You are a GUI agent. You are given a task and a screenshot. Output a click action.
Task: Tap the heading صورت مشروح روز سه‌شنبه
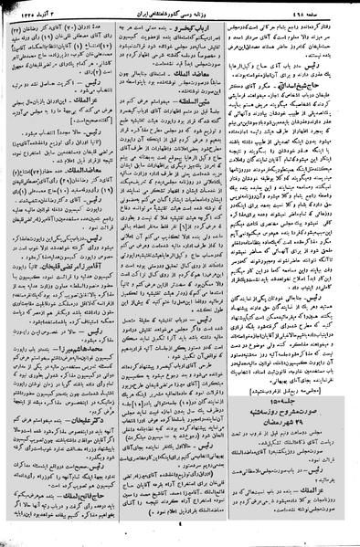point(297,390)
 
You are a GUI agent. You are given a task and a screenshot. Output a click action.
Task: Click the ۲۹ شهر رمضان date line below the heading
point(297,405)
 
